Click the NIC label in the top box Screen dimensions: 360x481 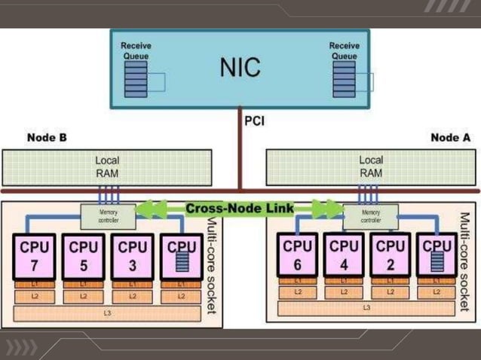click(240, 67)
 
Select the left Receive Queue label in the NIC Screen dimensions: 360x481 click(136, 51)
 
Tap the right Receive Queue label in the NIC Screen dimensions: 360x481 click(344, 51)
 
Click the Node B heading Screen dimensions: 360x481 click(47, 138)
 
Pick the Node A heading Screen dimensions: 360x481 click(450, 138)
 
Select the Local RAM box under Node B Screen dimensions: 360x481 click(107, 167)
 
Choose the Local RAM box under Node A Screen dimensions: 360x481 click(370, 167)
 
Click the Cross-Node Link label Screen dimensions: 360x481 click(240, 207)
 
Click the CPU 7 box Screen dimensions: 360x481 click(34, 256)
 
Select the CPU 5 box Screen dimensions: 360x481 click(83, 256)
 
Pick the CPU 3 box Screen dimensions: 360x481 click(132, 256)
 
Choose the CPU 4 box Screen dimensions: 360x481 click(344, 256)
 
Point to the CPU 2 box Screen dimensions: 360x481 click(391, 256)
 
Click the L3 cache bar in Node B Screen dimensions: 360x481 click(107, 313)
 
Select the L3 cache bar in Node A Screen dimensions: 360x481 click(366, 307)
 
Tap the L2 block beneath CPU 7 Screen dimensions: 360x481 click(34, 297)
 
